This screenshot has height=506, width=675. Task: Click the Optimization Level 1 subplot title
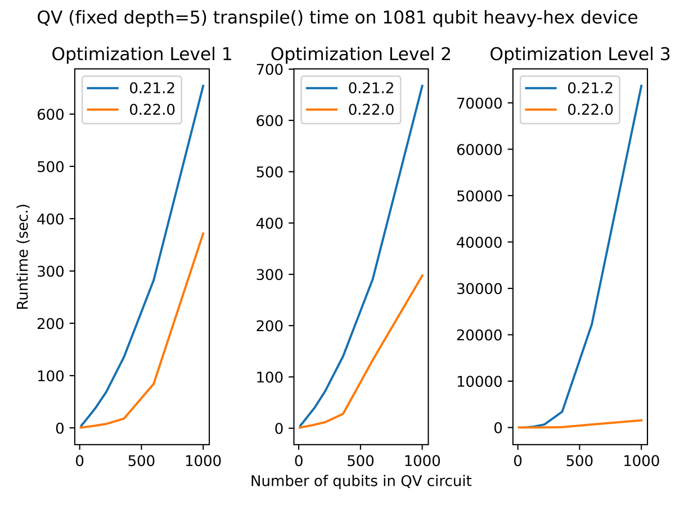(142, 55)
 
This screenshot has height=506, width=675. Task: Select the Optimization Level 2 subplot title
(361, 55)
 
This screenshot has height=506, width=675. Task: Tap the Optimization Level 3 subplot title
(579, 55)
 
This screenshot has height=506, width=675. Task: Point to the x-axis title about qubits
(361, 481)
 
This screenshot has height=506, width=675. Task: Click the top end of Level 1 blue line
(203, 85)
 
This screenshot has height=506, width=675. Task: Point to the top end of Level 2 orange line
(422, 275)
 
